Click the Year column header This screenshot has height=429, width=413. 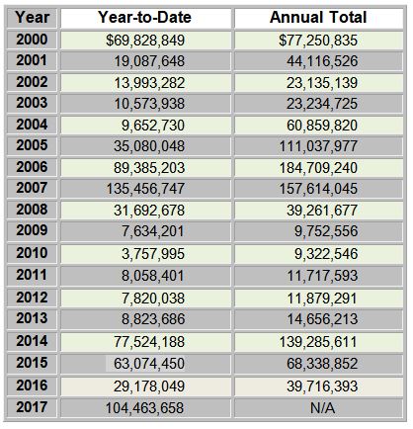point(32,18)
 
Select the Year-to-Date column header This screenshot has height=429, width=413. point(144,18)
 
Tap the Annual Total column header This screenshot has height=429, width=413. point(318,18)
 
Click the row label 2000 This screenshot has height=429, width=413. point(32,40)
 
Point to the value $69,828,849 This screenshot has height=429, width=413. point(145,41)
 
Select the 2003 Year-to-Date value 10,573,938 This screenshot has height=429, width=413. point(149,104)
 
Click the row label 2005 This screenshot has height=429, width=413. point(32,145)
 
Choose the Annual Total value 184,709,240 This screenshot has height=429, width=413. point(318,168)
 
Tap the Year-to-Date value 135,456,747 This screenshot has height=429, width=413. point(145,189)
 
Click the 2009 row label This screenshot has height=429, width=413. point(32,230)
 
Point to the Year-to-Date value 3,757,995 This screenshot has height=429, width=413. point(153,254)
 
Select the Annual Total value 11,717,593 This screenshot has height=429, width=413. point(322,276)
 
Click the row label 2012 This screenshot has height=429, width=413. point(32,298)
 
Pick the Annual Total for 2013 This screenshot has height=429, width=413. point(322,319)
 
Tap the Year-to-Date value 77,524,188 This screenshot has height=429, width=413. point(149,342)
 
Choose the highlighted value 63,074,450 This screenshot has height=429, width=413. point(149,364)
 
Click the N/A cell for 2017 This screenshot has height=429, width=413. point(322,408)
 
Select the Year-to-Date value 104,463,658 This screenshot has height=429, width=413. point(145,408)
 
